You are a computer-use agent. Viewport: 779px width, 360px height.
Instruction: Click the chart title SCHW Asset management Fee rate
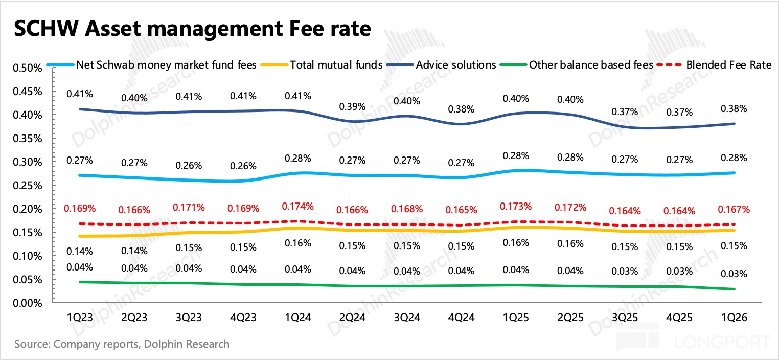click(191, 29)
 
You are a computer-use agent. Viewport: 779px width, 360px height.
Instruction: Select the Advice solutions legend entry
click(455, 65)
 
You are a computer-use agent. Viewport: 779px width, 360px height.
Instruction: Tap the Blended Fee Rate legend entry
click(728, 65)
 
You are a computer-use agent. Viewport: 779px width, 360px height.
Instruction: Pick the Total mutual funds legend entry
click(336, 65)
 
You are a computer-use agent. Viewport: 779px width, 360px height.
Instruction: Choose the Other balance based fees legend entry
click(591, 65)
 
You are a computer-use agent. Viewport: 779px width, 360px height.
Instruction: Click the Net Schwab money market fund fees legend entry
click(166, 65)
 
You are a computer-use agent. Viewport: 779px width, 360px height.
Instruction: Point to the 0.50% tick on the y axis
click(26, 68)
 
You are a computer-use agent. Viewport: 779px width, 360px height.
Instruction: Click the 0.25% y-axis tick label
click(26, 186)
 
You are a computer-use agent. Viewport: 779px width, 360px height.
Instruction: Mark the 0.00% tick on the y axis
click(26, 303)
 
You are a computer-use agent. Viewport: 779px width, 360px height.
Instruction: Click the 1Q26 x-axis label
click(733, 318)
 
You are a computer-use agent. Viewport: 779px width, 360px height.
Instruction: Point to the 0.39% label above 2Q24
click(352, 107)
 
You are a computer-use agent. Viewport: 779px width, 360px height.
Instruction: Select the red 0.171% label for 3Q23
click(189, 208)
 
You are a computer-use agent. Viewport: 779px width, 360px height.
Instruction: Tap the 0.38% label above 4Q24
click(462, 109)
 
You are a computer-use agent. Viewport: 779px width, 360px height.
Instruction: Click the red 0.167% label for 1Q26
click(734, 209)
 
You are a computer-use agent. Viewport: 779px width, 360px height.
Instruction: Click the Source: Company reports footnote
click(122, 344)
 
